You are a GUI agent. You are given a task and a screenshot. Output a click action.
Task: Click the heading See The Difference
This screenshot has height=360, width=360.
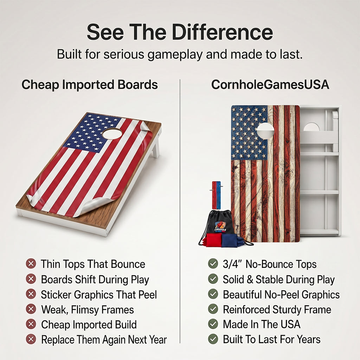(180, 32)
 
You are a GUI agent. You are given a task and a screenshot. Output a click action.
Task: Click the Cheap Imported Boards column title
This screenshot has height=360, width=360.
(90, 84)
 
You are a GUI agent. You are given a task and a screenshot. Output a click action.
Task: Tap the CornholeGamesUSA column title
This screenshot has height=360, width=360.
(270, 84)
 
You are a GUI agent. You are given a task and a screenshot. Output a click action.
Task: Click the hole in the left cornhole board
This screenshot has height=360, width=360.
(112, 133)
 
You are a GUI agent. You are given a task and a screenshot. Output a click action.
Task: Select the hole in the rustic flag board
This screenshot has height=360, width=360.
(265, 131)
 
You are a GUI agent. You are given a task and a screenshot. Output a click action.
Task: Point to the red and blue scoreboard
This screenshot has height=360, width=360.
(216, 195)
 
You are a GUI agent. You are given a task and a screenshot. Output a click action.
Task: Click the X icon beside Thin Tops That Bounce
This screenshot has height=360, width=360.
(31, 264)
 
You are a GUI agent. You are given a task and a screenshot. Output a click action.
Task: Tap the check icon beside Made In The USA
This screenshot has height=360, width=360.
(213, 324)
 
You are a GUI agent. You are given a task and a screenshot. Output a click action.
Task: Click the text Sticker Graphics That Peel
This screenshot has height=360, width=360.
(99, 295)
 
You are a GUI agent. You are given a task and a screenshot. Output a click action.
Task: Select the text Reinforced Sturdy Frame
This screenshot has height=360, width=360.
(277, 309)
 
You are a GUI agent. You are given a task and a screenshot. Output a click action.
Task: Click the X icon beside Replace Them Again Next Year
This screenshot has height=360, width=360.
(31, 339)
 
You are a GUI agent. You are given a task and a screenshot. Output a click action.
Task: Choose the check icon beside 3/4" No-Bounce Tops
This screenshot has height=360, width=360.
(213, 264)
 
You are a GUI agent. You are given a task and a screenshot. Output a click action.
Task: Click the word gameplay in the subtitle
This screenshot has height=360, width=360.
(175, 55)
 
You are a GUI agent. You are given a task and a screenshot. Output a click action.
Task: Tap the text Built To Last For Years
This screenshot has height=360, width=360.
(272, 339)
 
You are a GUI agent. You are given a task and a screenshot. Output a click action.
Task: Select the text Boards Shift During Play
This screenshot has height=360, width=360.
(95, 279)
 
